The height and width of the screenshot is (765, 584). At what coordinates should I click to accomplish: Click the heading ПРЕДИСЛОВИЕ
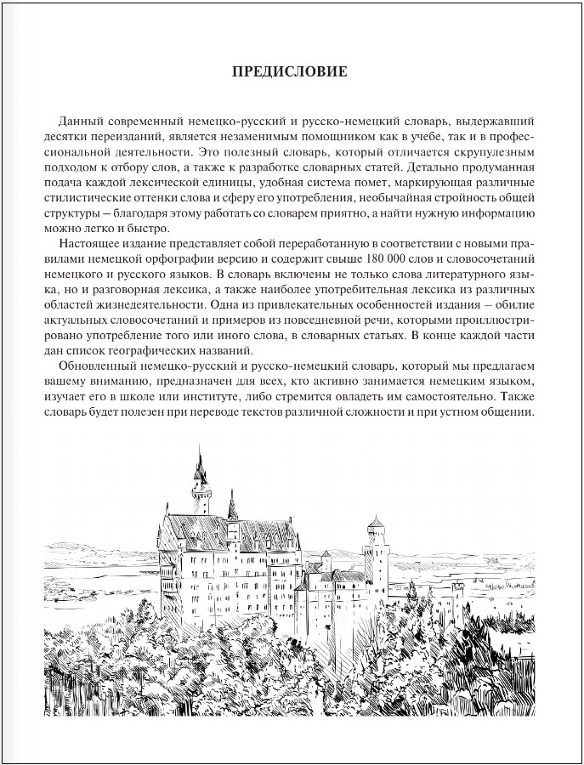pos(290,71)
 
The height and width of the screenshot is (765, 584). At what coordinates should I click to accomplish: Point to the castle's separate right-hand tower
pos(375,544)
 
